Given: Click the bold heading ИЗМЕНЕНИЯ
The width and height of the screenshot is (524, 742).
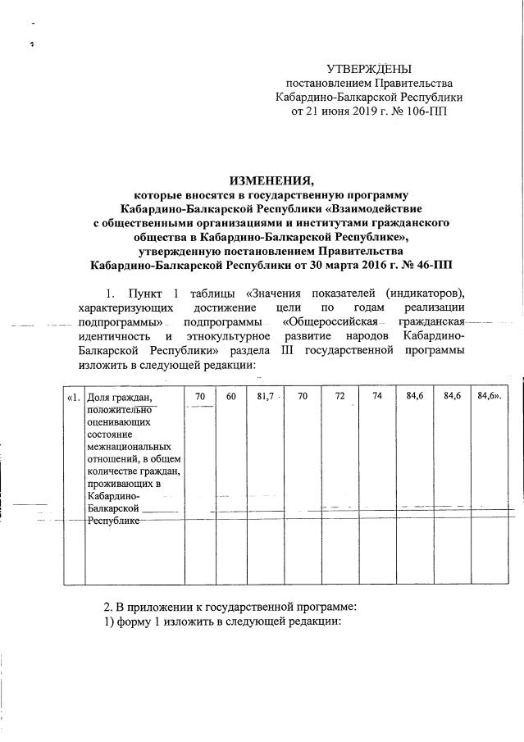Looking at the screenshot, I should (x=271, y=179).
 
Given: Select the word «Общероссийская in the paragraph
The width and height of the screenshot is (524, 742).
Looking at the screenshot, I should (x=320, y=322).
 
